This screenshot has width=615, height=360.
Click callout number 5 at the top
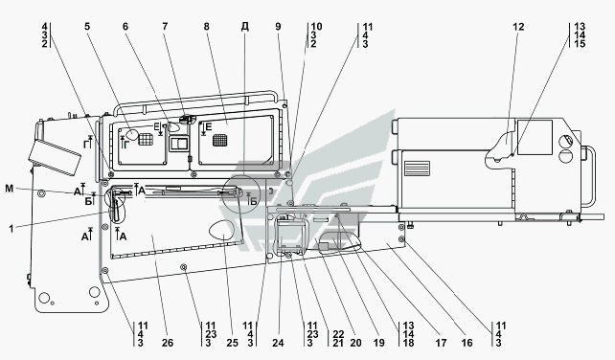click(87, 26)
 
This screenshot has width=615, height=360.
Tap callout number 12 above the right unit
click(518, 27)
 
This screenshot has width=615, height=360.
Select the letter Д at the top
click(244, 27)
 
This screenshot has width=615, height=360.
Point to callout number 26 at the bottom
click(168, 343)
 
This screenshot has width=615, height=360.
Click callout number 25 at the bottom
click(232, 343)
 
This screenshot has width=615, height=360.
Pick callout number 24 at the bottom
click(278, 343)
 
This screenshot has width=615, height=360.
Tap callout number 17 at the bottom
click(441, 343)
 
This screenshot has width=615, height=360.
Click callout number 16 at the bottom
click(467, 343)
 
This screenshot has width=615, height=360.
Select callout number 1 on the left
click(11, 229)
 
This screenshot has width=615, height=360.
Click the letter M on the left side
click(9, 189)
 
